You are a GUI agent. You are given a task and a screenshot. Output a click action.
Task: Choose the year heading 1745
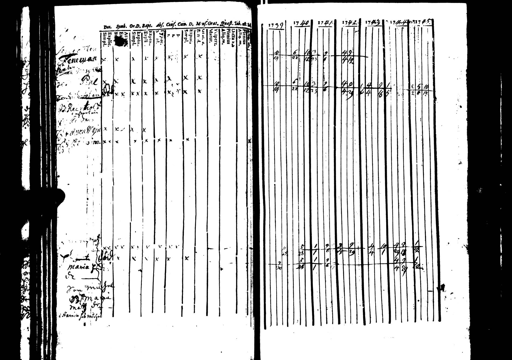[x=424, y=22]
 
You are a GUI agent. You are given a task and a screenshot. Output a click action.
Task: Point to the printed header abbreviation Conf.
[x=171, y=25]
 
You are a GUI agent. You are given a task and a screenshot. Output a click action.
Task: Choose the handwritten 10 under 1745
[x=425, y=87]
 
